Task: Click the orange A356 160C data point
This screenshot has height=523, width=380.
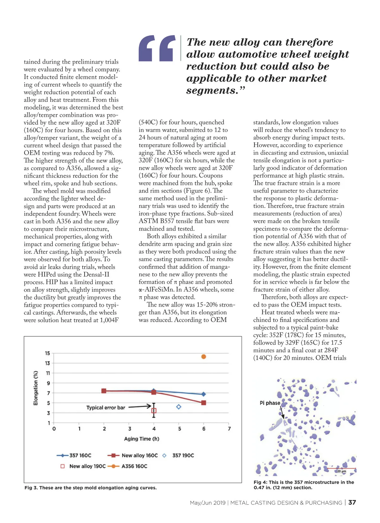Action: coord(204,357)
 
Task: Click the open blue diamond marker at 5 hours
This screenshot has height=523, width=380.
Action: coord(179,407)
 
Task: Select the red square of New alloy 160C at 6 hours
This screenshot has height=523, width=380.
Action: coord(204,403)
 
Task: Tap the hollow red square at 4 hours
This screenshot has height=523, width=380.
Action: coord(154,411)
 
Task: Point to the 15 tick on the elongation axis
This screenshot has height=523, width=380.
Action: coord(47,353)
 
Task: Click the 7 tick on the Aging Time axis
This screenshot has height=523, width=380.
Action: coord(229,429)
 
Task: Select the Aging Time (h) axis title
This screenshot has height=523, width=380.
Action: coord(142,439)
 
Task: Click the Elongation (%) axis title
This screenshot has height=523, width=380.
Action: coord(36,388)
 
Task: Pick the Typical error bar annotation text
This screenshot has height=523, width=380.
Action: coord(106,408)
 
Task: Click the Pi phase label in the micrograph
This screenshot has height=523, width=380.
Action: coord(270,403)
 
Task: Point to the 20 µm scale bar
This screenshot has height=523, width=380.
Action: coord(345,469)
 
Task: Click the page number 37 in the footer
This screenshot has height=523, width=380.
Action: coord(352,502)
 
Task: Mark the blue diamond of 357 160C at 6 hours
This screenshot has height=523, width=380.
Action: coord(204,394)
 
